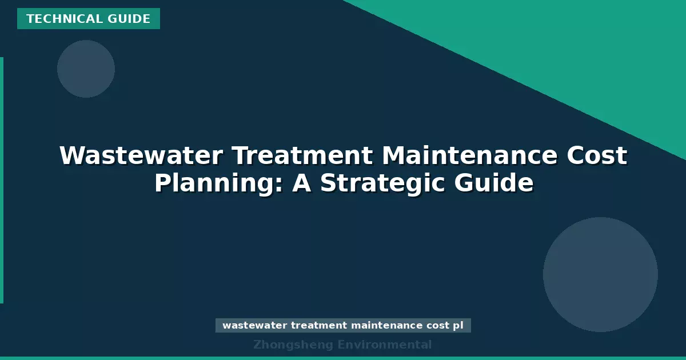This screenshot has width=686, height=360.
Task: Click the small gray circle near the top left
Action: [x=86, y=69]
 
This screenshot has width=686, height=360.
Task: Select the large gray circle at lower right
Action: [x=600, y=274]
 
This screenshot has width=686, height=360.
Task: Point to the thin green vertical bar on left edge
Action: [x=2, y=180]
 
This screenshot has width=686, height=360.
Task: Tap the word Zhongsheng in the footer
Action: [x=293, y=345]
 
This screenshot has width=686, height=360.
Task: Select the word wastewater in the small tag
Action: [x=254, y=326]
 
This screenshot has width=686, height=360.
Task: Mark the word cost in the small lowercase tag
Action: [x=438, y=326]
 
